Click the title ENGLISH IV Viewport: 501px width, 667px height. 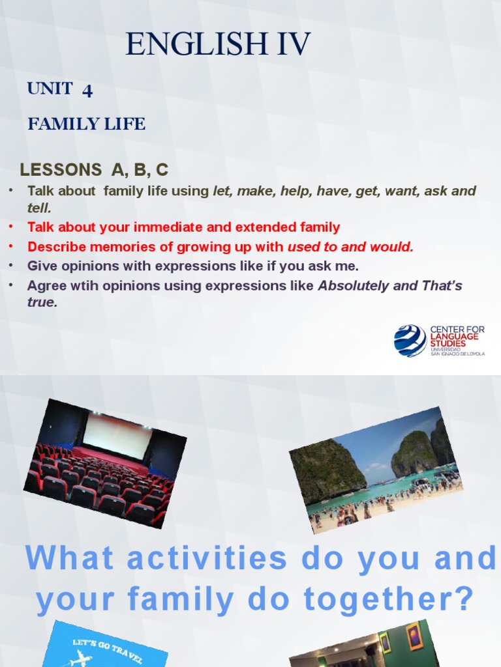click(218, 44)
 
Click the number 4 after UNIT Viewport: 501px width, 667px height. click(87, 91)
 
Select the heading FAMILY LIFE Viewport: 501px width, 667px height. click(86, 124)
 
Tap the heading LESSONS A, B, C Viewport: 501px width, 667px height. click(94, 170)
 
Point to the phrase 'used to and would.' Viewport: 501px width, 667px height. click(350, 247)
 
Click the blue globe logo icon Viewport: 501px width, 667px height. click(410, 341)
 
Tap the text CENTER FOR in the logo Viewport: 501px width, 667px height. click(457, 330)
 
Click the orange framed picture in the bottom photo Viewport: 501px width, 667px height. click(414, 636)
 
